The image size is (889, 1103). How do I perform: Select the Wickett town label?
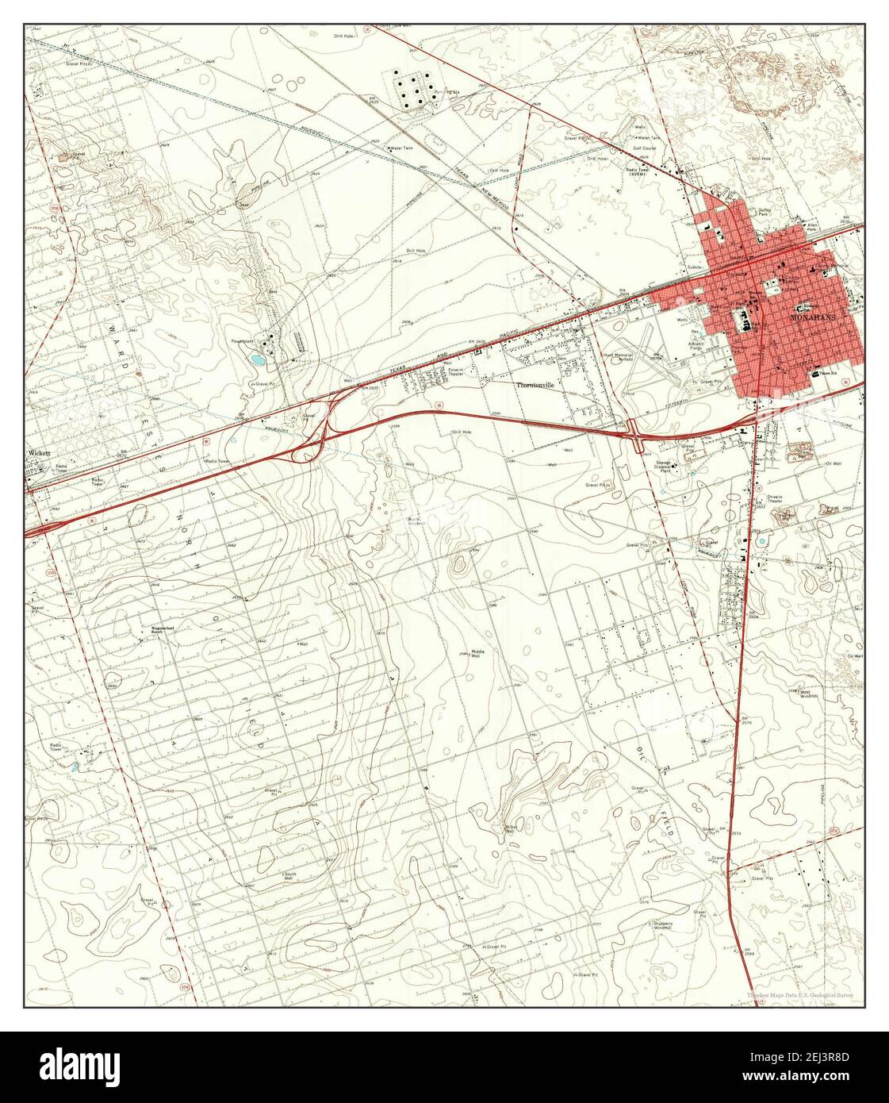click(39, 453)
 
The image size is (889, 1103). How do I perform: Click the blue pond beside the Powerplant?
click(258, 359)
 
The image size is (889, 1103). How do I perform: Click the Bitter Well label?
click(512, 829)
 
